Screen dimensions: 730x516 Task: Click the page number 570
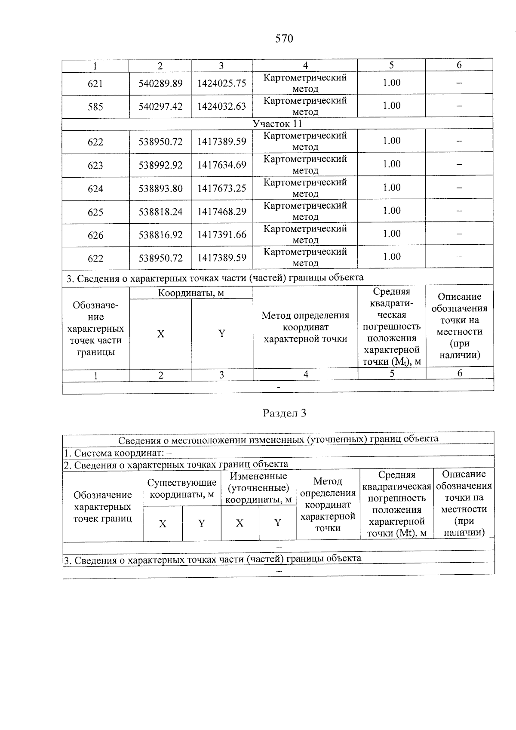click(284, 39)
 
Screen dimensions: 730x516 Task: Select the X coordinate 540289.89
click(160, 83)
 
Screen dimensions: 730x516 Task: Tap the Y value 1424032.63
click(221, 106)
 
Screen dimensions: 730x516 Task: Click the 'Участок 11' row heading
click(277, 124)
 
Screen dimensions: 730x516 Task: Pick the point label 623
click(95, 166)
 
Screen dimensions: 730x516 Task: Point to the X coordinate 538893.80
click(160, 188)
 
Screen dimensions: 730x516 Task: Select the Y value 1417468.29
click(221, 212)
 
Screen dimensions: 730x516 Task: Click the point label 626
click(95, 235)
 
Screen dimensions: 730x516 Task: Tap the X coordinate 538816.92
click(160, 235)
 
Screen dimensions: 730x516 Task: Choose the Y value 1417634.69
click(221, 165)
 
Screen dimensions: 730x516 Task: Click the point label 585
click(95, 107)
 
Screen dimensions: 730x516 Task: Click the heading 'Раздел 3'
click(284, 413)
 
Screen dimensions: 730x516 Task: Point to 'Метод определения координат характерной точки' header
click(305, 327)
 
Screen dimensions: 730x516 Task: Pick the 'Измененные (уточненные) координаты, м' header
click(258, 488)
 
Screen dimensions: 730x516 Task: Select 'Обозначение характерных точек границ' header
click(103, 507)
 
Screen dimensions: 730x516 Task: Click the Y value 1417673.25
click(221, 188)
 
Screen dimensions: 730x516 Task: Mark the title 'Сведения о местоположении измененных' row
click(278, 439)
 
